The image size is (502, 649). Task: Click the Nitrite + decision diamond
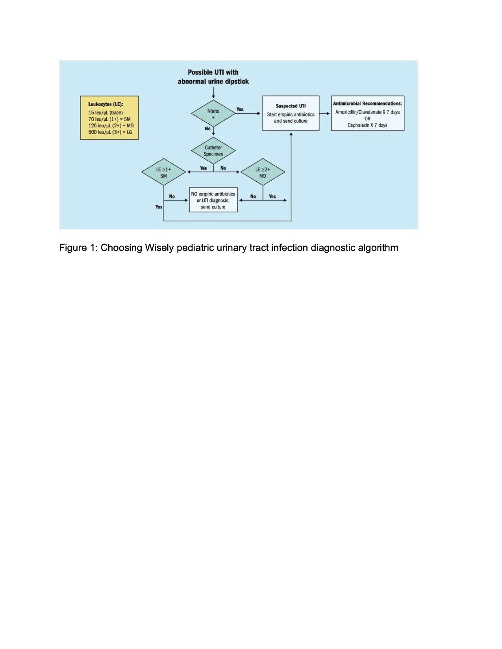(213, 114)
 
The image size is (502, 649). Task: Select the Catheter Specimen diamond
(213, 151)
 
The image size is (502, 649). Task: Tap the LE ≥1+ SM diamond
(163, 173)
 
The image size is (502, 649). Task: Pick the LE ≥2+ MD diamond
(263, 173)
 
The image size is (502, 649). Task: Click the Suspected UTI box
(291, 113)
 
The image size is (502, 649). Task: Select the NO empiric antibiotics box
(213, 200)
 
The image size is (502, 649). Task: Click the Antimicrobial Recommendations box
(367, 113)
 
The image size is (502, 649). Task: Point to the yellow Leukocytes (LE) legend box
(109, 118)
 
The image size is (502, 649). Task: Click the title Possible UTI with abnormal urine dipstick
(213, 77)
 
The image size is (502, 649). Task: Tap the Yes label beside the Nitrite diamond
(240, 109)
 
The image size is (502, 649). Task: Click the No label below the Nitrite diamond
(207, 129)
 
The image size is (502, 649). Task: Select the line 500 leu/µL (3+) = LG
(110, 132)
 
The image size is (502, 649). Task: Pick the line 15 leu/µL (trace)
(106, 112)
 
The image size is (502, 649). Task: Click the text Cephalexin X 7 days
(367, 125)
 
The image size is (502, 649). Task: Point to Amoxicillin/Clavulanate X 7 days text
(367, 112)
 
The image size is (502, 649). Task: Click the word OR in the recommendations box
(367, 119)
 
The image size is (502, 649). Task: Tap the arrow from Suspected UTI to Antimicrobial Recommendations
(325, 114)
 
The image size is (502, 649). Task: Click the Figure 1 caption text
(228, 248)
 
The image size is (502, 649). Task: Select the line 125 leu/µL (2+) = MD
(111, 125)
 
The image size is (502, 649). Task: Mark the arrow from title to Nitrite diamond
(213, 93)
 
